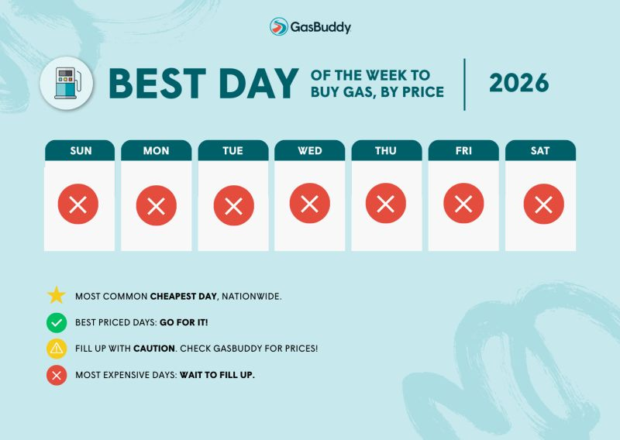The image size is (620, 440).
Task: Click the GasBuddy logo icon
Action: click(x=279, y=26)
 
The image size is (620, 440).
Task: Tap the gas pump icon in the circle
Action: click(x=67, y=83)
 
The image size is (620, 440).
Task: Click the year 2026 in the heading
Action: click(x=518, y=83)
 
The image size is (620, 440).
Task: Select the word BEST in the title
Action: click(x=157, y=83)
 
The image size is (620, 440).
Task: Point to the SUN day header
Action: click(x=80, y=150)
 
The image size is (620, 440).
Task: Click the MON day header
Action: click(x=157, y=150)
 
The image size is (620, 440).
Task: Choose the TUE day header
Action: click(x=233, y=150)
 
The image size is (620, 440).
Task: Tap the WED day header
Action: click(x=309, y=150)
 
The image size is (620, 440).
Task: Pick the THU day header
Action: click(x=386, y=150)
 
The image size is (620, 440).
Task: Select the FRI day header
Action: click(x=463, y=150)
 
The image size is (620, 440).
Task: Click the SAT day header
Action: click(x=540, y=150)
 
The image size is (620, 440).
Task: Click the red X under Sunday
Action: click(x=78, y=204)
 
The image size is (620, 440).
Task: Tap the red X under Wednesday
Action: click(x=309, y=203)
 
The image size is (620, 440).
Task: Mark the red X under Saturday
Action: click(x=544, y=204)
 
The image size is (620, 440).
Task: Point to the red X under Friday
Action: click(x=463, y=203)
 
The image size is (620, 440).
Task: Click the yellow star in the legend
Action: click(x=56, y=295)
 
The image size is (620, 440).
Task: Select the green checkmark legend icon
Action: click(x=57, y=322)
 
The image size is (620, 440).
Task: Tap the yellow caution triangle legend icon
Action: click(x=57, y=349)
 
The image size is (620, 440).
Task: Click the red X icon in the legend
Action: click(x=57, y=375)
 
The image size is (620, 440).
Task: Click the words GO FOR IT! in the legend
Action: click(x=184, y=322)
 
